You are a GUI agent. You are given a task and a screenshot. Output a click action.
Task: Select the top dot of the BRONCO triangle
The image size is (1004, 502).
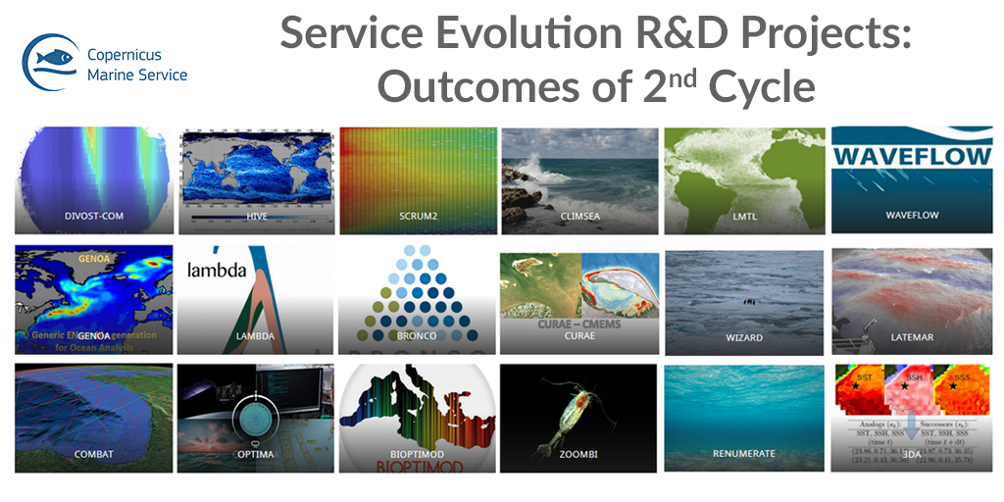tap(418, 252)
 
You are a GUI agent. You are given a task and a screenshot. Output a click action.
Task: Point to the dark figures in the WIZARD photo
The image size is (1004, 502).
tap(749, 301)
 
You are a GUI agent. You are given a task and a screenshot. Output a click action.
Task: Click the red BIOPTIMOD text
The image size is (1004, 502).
tap(416, 467)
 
